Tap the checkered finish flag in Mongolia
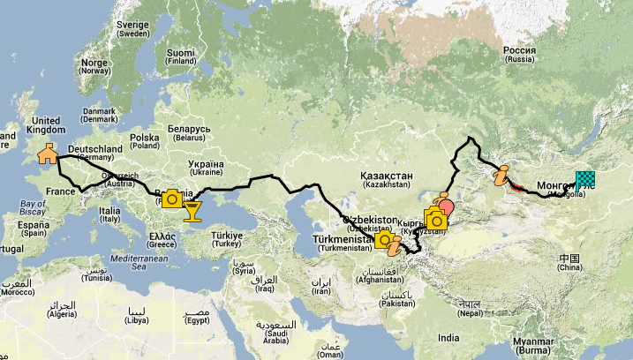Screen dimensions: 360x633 tap(585, 181)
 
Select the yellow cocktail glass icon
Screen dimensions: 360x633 tap(192, 210)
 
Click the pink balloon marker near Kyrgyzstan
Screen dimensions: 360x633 tap(446, 208)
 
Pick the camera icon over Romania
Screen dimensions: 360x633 tap(172, 199)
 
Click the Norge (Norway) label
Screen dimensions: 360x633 tap(94, 68)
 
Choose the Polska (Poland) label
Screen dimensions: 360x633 tap(144, 142)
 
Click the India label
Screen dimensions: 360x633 tap(448, 338)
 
